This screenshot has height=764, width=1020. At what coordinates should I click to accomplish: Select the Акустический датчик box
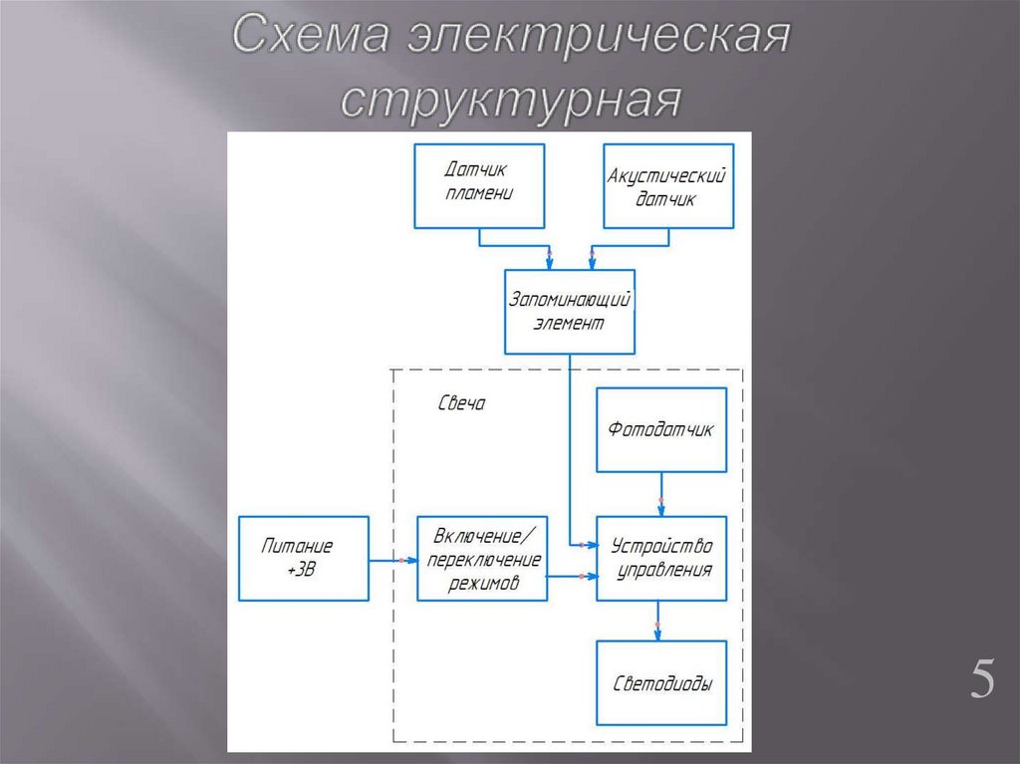[x=667, y=186]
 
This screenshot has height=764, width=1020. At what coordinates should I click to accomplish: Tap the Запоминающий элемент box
[x=570, y=311]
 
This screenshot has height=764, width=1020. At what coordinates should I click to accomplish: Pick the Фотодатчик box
[x=661, y=429]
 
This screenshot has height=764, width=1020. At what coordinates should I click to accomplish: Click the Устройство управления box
[x=661, y=558]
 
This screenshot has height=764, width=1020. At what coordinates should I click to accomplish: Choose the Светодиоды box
[x=661, y=683]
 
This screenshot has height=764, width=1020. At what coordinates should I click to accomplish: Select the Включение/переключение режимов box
[x=483, y=559]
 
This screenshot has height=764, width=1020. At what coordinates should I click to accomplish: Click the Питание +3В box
[x=303, y=558]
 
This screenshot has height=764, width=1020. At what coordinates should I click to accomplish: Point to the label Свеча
[x=461, y=404]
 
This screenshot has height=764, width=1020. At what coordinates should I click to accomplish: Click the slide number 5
[x=982, y=681]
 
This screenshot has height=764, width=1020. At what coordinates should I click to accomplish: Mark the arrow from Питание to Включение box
[x=392, y=561]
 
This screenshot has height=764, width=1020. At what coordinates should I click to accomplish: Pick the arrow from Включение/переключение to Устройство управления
[x=573, y=576]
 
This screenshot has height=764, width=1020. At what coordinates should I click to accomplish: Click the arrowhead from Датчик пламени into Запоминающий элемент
[x=549, y=261]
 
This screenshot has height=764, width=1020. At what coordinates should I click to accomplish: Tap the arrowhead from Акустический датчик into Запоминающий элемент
[x=593, y=261]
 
